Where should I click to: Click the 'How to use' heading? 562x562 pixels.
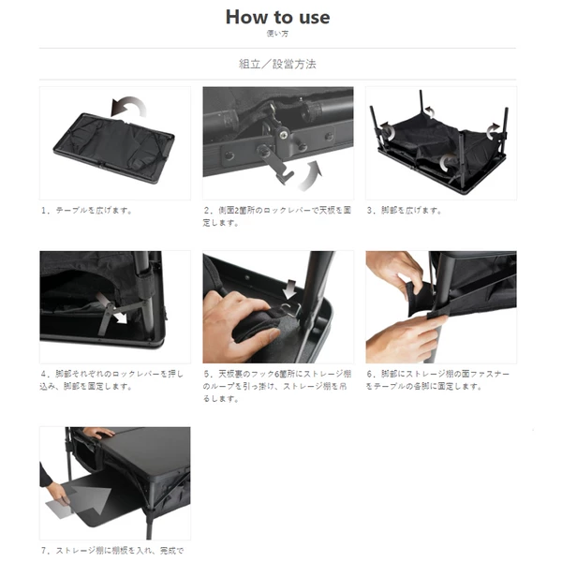pyautogui.click(x=277, y=17)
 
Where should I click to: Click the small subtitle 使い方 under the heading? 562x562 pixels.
pyautogui.click(x=277, y=33)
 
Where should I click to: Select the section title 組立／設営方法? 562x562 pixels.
pyautogui.click(x=277, y=65)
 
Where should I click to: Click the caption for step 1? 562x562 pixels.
pyautogui.click(x=87, y=210)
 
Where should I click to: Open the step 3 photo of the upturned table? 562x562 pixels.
pyautogui.click(x=440, y=142)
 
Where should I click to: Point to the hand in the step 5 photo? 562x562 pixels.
pyautogui.click(x=234, y=323)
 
